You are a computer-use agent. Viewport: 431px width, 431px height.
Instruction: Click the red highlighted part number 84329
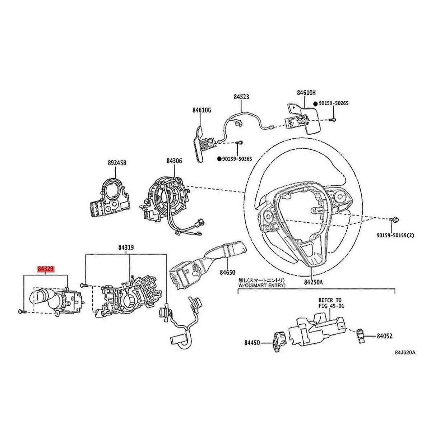[x=46, y=269]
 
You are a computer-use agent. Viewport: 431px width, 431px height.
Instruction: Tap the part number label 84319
[x=126, y=248]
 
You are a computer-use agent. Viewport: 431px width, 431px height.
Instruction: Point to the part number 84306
[x=174, y=161]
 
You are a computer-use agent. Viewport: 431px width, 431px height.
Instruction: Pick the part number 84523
[x=241, y=97]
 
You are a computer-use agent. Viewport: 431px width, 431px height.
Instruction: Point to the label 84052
[x=384, y=337]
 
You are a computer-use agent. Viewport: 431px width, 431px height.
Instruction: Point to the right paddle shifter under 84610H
[x=303, y=117]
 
